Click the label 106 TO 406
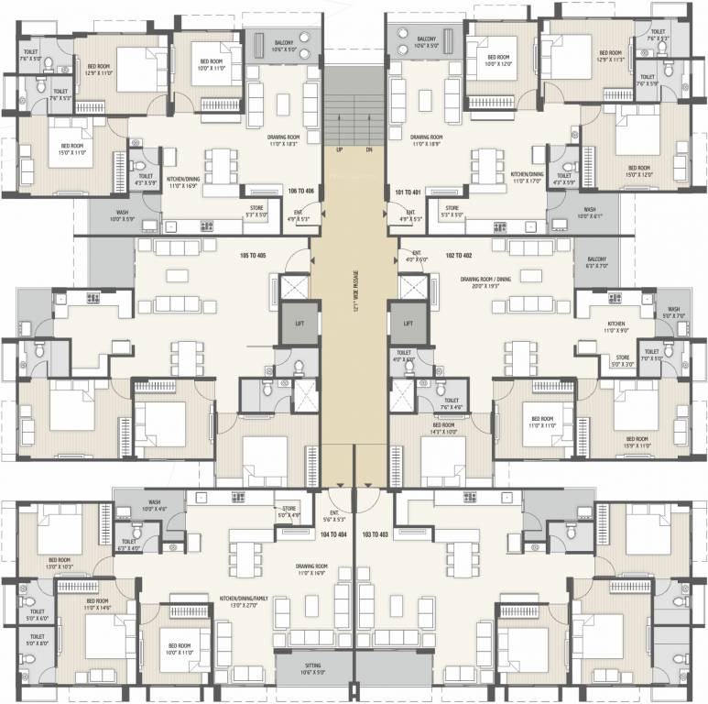coord(301,191)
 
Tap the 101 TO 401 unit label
coord(408,192)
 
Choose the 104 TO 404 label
coord(333,532)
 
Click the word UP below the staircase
coord(339,149)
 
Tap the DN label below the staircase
coord(368,149)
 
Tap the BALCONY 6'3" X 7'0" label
coord(597,263)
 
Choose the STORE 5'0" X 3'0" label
coord(623,361)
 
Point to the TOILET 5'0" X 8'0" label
coord(37,640)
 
